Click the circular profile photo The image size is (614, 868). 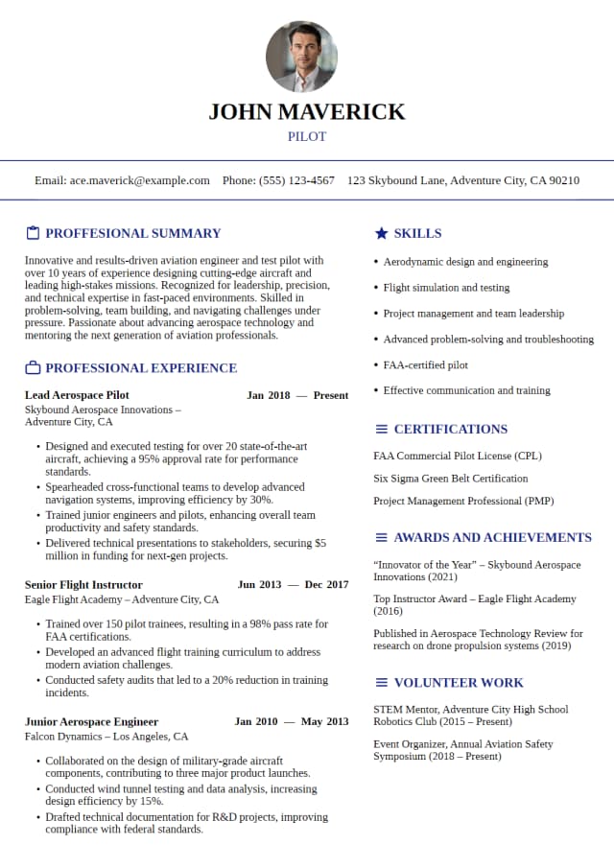(301, 57)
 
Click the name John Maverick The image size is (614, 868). (307, 111)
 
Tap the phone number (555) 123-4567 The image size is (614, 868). (296, 180)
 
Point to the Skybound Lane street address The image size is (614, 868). (463, 180)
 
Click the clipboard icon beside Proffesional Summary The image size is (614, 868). (33, 233)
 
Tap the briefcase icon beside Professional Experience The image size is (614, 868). (33, 368)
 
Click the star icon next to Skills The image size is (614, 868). (381, 233)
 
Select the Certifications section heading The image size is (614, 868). (450, 429)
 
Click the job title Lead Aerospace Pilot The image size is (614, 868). (77, 395)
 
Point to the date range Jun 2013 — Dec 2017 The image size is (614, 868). (293, 585)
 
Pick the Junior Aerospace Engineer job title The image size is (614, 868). (91, 722)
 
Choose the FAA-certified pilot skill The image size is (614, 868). (426, 365)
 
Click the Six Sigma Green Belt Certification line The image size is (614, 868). (450, 479)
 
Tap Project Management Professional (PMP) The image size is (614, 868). (463, 502)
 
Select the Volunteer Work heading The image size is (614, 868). (459, 683)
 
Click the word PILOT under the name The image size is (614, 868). (307, 137)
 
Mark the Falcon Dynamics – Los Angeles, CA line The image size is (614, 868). (106, 737)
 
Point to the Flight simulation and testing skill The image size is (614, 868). (446, 288)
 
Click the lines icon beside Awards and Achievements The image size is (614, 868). (381, 538)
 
